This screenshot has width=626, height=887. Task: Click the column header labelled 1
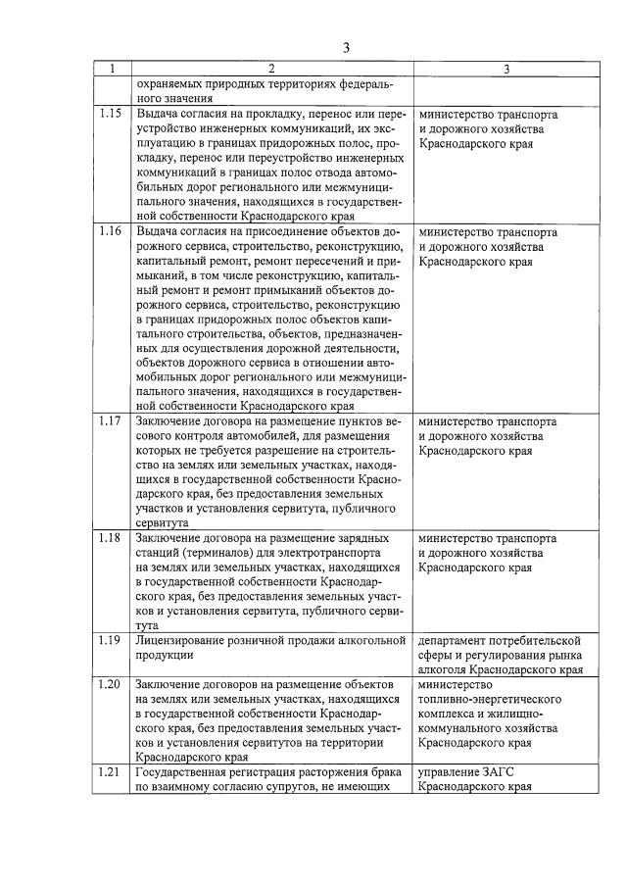point(112,70)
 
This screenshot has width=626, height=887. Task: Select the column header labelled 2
point(271,70)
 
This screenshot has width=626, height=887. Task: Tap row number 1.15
point(112,113)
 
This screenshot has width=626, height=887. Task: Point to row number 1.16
point(112,232)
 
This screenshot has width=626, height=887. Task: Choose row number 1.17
point(112,421)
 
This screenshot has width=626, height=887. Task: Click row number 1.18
point(112,537)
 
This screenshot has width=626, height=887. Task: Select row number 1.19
point(112,640)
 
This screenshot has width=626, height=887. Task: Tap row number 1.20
point(112,683)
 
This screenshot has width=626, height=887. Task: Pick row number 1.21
point(112,771)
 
